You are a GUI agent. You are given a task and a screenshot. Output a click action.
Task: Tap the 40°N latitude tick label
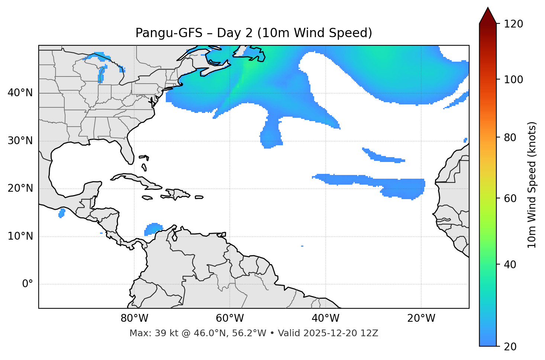pyautogui.click(x=20, y=93)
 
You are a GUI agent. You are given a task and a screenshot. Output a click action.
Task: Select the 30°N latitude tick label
pyautogui.click(x=20, y=141)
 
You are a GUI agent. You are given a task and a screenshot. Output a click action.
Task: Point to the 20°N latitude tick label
pyautogui.click(x=20, y=188)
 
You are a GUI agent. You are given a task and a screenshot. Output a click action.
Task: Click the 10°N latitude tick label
pyautogui.click(x=20, y=236)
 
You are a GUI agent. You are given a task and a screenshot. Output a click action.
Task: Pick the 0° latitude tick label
pyautogui.click(x=28, y=284)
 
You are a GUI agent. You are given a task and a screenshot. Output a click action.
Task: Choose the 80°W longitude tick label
pyautogui.click(x=134, y=318)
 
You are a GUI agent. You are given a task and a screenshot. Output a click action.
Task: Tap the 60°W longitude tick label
pyautogui.click(x=230, y=318)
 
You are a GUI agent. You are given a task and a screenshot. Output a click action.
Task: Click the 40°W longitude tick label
pyautogui.click(x=325, y=318)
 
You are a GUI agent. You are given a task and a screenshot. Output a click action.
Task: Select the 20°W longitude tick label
pyautogui.click(x=421, y=318)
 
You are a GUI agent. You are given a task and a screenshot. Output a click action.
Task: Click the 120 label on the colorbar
pyautogui.click(x=514, y=24)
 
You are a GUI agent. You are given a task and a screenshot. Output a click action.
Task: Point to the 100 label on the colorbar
pyautogui.click(x=514, y=80)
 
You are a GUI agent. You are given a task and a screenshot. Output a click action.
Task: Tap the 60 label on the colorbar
pyautogui.click(x=511, y=198)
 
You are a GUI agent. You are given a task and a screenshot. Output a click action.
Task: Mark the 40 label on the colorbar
pyautogui.click(x=511, y=265)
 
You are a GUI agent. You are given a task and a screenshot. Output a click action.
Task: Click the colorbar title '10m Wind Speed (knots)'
pyautogui.click(x=532, y=185)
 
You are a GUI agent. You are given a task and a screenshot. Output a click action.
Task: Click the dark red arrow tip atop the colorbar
pyautogui.click(x=488, y=14)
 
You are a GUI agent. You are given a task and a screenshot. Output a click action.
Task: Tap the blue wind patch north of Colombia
pyautogui.click(x=153, y=228)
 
